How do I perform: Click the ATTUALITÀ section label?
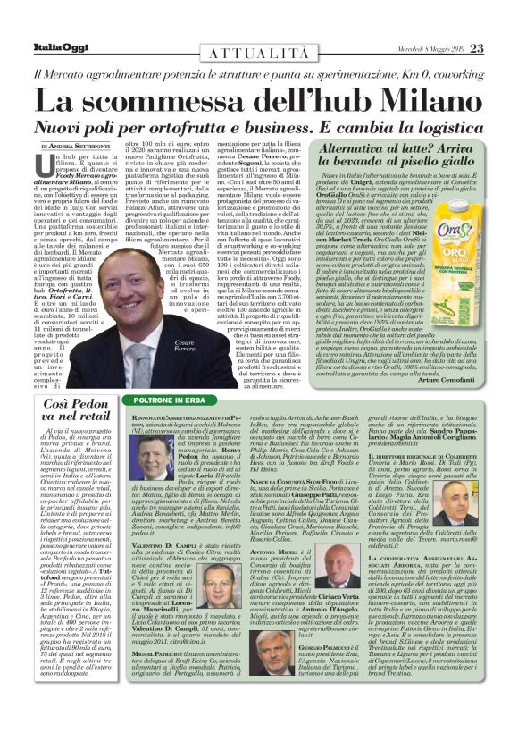point(260,55)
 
